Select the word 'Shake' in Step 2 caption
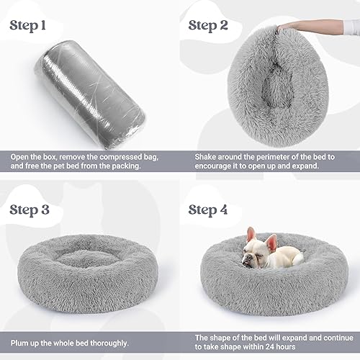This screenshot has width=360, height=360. [x=207, y=156]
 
